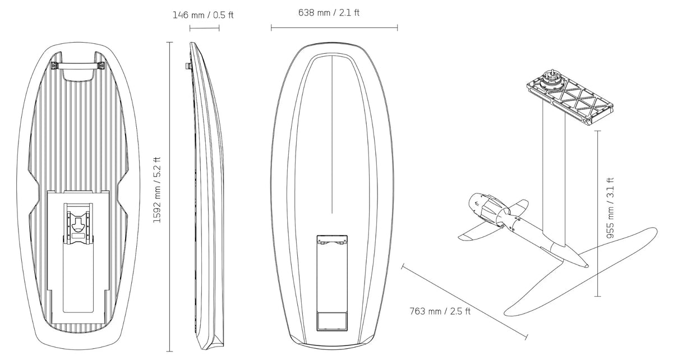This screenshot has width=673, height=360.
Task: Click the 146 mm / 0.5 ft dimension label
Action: pyautogui.click(x=203, y=15)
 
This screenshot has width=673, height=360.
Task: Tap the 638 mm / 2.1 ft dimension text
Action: pyautogui.click(x=329, y=13)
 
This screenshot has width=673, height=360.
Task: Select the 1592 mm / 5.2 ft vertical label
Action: pyautogui.click(x=157, y=190)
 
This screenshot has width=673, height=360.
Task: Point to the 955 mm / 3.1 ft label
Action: pyautogui.click(x=610, y=208)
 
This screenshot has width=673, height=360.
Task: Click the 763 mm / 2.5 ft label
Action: pyautogui.click(x=440, y=311)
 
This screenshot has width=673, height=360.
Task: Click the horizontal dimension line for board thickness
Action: pyautogui.click(x=204, y=28)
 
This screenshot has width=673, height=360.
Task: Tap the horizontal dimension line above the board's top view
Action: pyautogui.click(x=334, y=28)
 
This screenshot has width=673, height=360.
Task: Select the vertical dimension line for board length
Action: pyautogui.click(x=170, y=197)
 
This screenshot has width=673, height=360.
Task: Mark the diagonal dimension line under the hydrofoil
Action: pyautogui.click(x=464, y=302)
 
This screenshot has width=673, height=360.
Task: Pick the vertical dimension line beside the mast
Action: pyautogui.click(x=598, y=213)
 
